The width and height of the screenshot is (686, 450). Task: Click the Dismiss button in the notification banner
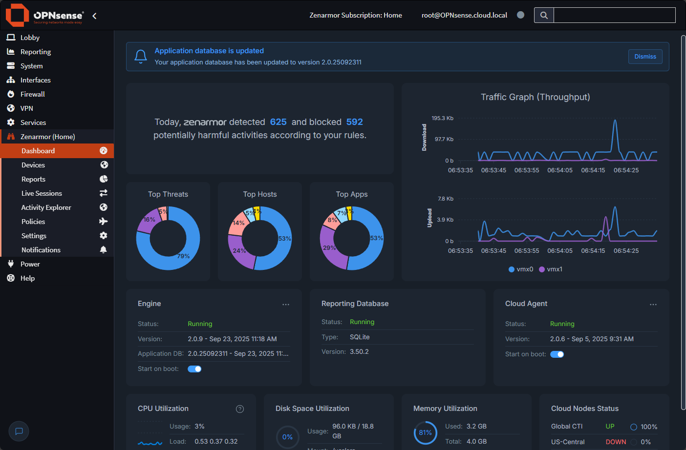(x=645, y=57)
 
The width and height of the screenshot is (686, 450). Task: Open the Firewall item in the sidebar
(x=32, y=94)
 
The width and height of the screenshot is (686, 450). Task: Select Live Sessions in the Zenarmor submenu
(x=42, y=193)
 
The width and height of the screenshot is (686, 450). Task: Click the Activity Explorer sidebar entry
(x=46, y=207)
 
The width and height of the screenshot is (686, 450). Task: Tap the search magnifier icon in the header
(x=544, y=15)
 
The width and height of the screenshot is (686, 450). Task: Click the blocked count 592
(x=354, y=122)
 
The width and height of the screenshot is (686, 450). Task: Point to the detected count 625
(x=278, y=122)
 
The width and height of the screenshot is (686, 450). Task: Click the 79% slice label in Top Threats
(x=183, y=256)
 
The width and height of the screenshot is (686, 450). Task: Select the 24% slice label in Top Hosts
(x=239, y=251)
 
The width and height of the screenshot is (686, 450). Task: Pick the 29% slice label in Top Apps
(x=329, y=248)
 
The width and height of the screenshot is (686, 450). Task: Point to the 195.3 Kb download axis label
(x=442, y=118)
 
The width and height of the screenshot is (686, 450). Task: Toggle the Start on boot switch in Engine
(x=194, y=369)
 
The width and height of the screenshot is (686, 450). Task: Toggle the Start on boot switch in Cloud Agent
(x=557, y=354)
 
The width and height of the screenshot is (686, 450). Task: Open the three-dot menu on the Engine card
(x=286, y=305)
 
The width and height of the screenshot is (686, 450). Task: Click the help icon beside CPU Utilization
(x=240, y=409)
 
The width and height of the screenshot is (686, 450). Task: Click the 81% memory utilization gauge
(x=425, y=433)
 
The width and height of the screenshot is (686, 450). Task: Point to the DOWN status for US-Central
(x=616, y=442)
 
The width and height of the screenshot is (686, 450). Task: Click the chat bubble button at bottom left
(x=19, y=431)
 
